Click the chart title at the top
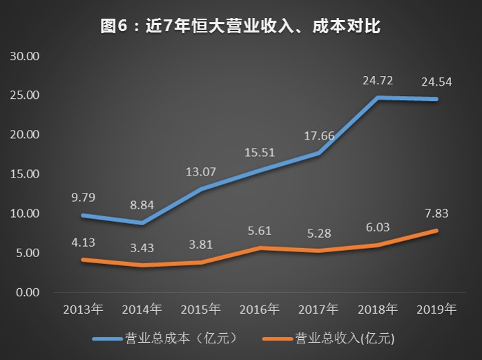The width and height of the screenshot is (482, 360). (x=241, y=27)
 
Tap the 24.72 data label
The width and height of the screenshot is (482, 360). (x=378, y=81)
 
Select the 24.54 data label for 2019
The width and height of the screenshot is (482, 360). (x=437, y=82)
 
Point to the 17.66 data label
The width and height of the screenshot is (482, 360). (x=318, y=135)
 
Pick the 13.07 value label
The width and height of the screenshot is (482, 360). (x=201, y=171)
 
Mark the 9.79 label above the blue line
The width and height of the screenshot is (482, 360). (x=84, y=198)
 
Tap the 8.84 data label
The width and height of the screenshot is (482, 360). (x=142, y=205)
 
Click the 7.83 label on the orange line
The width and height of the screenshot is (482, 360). (x=436, y=214)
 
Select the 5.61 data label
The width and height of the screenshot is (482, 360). (x=260, y=231)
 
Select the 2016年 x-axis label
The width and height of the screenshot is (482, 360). (x=260, y=309)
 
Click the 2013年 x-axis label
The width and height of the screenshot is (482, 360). (x=83, y=309)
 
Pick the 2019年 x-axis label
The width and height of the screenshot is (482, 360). (x=436, y=309)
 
